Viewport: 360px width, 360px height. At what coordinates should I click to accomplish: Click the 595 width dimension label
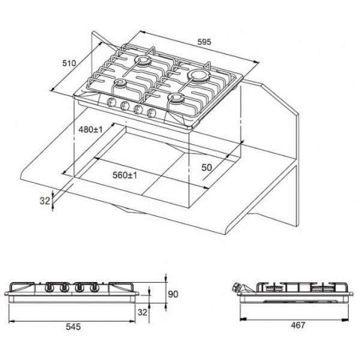tap(204, 42)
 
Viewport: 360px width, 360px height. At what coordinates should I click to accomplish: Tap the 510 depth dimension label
tap(69, 63)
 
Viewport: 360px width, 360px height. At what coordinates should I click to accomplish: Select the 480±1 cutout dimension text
tap(91, 130)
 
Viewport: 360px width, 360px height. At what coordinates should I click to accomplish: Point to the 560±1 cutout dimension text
tap(125, 175)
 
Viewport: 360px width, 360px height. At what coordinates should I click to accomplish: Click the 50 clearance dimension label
tap(206, 167)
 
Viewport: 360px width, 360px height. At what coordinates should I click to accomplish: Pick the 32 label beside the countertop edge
tap(45, 201)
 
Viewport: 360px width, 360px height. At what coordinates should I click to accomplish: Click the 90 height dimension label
tap(173, 294)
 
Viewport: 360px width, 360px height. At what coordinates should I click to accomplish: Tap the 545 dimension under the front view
tap(73, 326)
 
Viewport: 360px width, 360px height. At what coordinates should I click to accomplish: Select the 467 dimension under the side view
tap(298, 325)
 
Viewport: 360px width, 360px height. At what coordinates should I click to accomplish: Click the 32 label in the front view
tap(142, 312)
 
